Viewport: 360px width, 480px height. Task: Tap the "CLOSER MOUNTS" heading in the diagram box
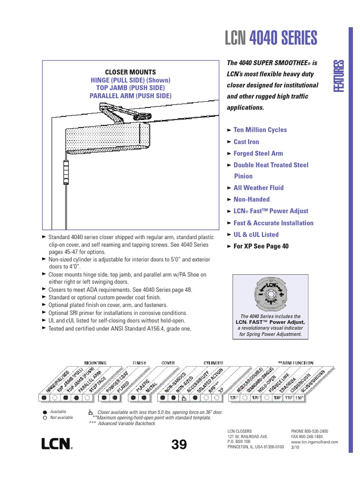(x=130, y=72)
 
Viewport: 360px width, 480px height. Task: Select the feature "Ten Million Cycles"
(x=260, y=130)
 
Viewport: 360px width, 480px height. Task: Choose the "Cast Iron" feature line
(x=246, y=142)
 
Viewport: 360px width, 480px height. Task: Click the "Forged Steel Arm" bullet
(x=258, y=153)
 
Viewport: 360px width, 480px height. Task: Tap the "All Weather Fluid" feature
(x=258, y=188)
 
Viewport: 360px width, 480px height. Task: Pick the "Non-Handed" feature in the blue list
(x=252, y=199)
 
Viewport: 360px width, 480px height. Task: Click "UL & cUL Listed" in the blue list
(x=256, y=234)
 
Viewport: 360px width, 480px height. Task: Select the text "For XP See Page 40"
(x=261, y=246)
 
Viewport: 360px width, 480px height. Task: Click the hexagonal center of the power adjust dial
(x=271, y=296)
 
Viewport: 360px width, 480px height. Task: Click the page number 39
(x=179, y=444)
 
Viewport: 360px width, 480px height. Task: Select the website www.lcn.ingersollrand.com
(x=314, y=442)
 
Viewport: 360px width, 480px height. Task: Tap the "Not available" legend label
(x=61, y=417)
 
